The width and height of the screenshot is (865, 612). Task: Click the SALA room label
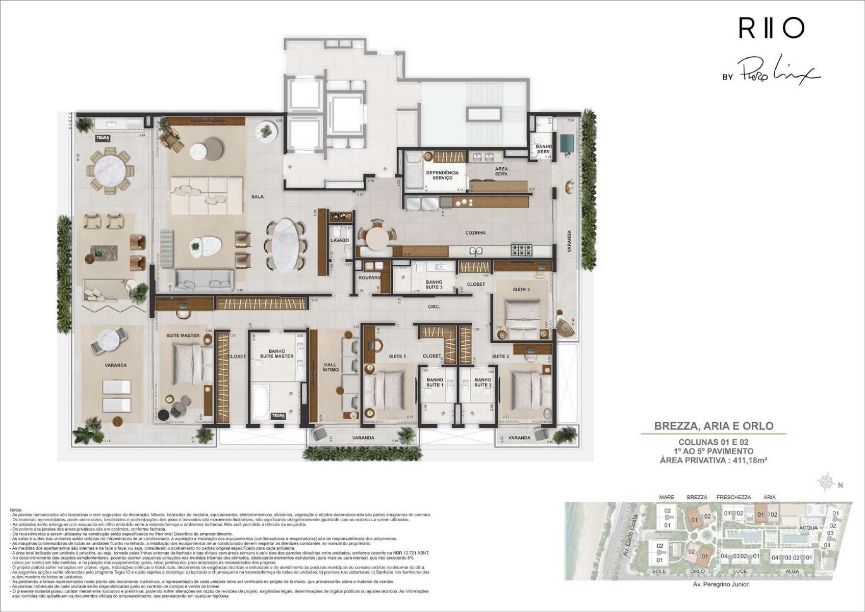pos(258,196)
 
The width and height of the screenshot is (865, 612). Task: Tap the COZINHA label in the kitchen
pos(475,233)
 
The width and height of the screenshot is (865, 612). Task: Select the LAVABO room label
pos(340,240)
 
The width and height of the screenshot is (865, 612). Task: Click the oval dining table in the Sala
pos(285,246)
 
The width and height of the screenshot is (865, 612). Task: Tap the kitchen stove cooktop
pos(522,250)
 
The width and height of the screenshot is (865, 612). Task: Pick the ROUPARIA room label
pos(369,278)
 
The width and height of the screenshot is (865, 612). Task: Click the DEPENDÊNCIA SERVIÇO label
pos(442,175)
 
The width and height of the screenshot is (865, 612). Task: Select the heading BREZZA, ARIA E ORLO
pos(714,426)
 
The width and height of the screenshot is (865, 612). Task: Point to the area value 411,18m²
pos(749,460)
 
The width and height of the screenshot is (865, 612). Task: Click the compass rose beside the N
pos(825,482)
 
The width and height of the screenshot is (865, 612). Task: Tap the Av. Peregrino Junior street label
pos(720,584)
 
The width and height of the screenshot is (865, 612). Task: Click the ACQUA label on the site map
pos(809,528)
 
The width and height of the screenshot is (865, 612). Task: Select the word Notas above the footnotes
pos(16,509)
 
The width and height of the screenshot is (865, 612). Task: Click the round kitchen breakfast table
pos(377,238)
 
